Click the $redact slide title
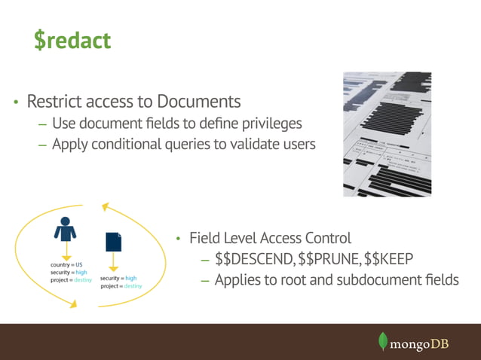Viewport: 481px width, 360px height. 72,40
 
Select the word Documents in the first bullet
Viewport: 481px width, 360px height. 198,101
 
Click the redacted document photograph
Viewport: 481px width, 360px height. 387,134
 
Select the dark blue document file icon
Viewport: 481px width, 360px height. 113,241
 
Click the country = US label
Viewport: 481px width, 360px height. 66,265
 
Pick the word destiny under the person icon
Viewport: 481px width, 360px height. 84,279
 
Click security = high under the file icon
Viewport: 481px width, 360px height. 118,279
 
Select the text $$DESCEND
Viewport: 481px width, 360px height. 254,260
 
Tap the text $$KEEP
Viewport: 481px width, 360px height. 388,260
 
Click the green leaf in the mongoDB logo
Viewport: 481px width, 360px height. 383,341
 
